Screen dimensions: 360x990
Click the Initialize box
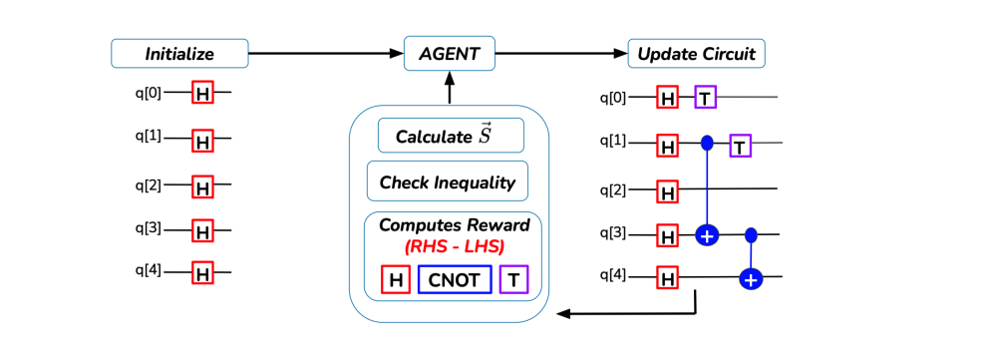pos(179,53)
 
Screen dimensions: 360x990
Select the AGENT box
pos(449,53)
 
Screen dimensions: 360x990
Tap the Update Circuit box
pos(696,53)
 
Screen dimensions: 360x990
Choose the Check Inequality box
pos(447,182)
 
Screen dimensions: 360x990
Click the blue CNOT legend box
pos(455,280)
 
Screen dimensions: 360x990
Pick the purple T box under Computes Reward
pos(513,280)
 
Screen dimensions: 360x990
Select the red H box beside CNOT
pos(396,280)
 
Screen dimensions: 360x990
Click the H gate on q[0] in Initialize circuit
pos(203,93)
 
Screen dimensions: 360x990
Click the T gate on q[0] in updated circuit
pos(706,98)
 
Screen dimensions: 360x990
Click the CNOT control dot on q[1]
pos(707,144)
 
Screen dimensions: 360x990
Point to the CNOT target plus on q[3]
pos(707,235)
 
